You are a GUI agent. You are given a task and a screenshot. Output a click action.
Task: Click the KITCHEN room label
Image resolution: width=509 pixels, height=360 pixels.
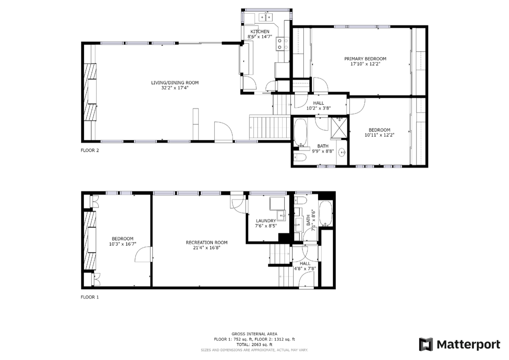click(x=260, y=31)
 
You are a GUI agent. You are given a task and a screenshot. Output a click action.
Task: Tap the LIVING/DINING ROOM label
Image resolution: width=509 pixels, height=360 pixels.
click(x=175, y=83)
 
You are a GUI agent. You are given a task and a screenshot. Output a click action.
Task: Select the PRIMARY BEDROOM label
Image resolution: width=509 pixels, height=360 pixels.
click(x=365, y=59)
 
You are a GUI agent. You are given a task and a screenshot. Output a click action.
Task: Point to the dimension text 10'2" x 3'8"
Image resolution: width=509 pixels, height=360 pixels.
click(x=319, y=109)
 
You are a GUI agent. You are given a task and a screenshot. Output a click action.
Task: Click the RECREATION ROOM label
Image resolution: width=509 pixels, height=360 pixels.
click(x=207, y=243)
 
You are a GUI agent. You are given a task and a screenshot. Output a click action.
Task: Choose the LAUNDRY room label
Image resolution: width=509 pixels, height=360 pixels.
click(x=266, y=221)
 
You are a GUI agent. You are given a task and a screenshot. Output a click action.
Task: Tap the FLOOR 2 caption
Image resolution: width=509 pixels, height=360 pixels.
click(x=90, y=150)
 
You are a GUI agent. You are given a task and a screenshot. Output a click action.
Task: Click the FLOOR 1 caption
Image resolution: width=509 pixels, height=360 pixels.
click(x=90, y=297)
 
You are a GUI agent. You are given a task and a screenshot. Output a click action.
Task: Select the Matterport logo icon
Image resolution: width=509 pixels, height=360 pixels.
click(x=426, y=344)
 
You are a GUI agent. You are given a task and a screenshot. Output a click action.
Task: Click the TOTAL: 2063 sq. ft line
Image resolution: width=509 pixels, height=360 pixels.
click(x=254, y=345)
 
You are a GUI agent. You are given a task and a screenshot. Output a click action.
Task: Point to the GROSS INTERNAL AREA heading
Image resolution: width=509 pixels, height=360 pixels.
click(x=254, y=334)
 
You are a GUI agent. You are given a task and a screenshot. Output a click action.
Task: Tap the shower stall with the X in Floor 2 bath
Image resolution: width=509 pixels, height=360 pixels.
click(x=339, y=128)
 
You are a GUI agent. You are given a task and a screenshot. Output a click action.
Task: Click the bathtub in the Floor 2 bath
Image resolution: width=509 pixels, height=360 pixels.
click(x=301, y=132)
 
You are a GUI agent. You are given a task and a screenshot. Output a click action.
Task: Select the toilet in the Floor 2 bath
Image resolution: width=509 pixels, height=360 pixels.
click(x=300, y=157)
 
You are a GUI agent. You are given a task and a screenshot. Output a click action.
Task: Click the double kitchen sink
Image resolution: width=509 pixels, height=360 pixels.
click(x=266, y=17)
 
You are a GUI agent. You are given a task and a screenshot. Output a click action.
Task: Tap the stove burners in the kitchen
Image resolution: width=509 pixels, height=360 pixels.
click(x=282, y=44)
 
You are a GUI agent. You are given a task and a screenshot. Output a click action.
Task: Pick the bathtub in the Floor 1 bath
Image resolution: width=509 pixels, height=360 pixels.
click(x=326, y=213)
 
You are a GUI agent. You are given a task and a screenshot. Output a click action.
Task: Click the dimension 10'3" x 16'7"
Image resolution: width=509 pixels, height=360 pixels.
click(x=123, y=244)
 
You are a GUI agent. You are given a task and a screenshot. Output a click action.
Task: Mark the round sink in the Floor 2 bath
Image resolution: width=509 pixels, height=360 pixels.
click(x=342, y=152)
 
